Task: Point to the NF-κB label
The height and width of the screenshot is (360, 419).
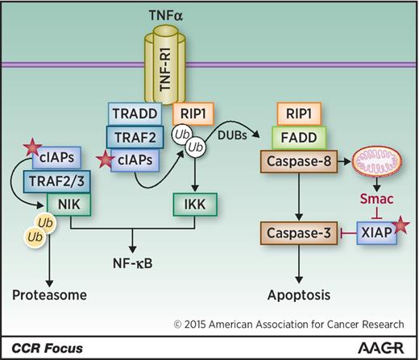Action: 135,263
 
